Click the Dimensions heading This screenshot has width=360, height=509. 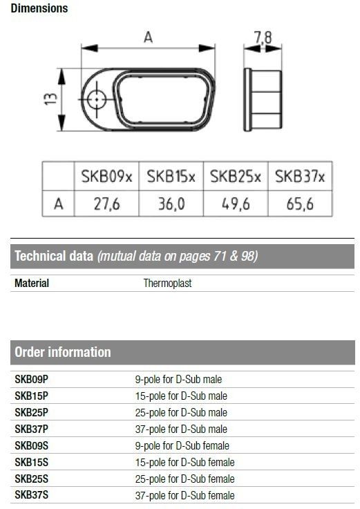(39, 8)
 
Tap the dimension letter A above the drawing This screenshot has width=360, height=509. (149, 37)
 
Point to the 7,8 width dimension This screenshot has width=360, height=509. (263, 37)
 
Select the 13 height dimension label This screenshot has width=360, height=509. (51, 99)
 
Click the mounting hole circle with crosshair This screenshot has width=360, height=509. (97, 100)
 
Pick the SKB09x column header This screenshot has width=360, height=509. (106, 177)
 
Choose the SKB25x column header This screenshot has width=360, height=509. (236, 177)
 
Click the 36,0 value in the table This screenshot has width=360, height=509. (171, 204)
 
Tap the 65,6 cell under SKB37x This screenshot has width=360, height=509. (300, 204)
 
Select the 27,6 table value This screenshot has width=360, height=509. (106, 204)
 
